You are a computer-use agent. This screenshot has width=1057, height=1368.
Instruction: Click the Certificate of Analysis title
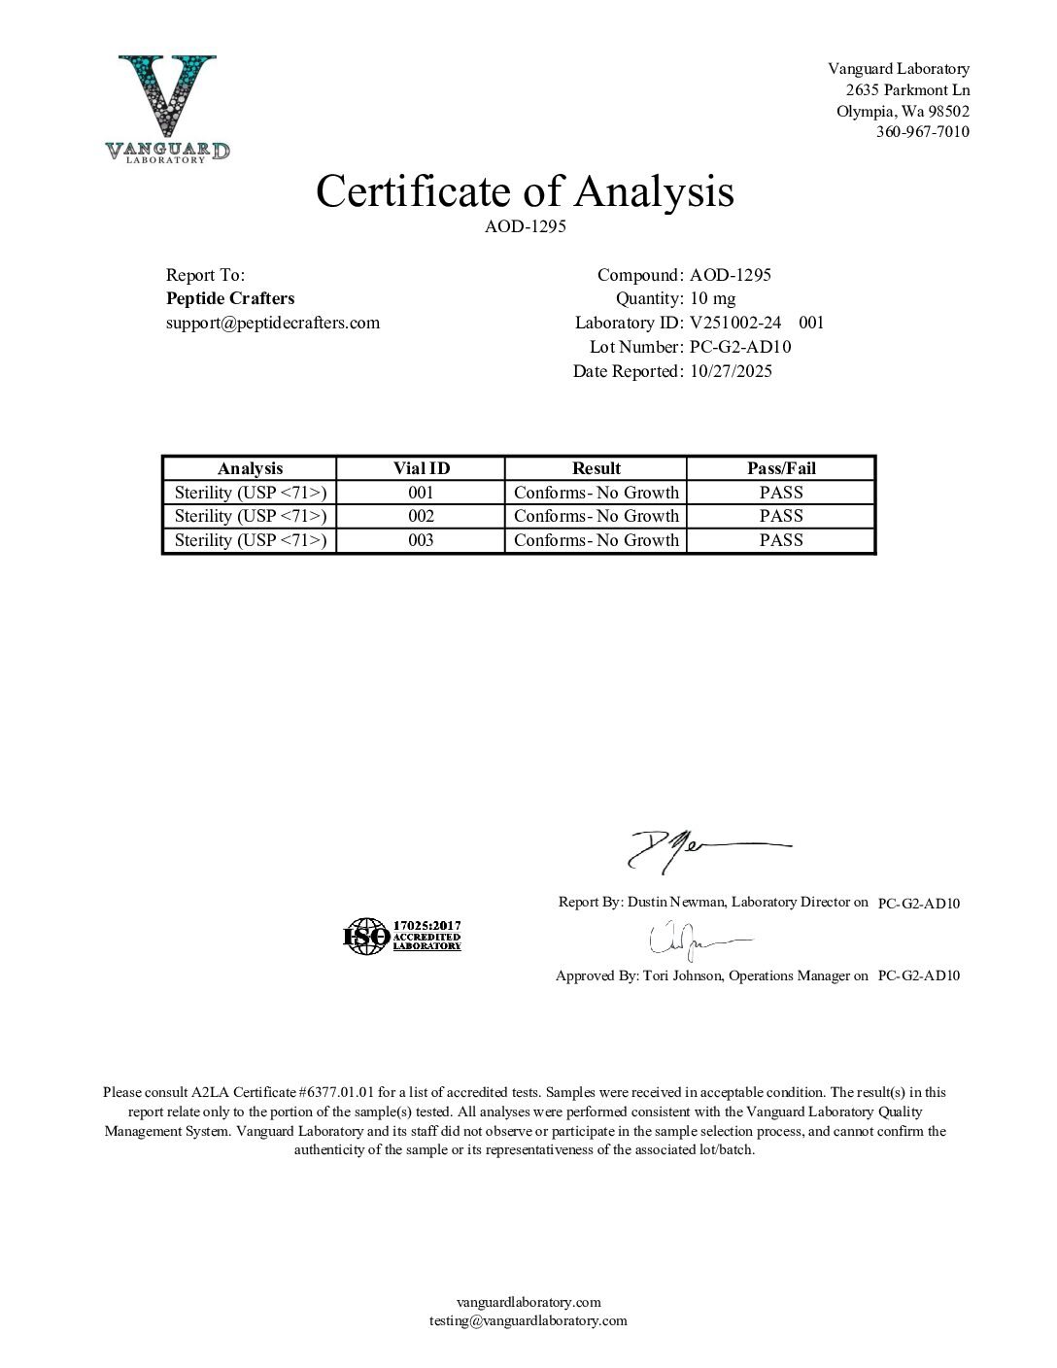(x=525, y=190)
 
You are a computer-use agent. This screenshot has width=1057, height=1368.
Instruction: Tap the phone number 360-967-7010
(x=922, y=132)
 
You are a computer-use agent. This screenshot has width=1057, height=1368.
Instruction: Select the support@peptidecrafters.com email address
(x=273, y=323)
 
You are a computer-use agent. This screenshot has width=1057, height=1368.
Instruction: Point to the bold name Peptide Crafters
(x=230, y=298)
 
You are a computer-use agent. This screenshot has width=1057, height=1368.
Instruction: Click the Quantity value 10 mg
(x=712, y=298)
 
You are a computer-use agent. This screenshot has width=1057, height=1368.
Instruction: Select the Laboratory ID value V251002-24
(x=735, y=323)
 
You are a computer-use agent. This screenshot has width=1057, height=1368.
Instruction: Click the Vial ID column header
(x=421, y=468)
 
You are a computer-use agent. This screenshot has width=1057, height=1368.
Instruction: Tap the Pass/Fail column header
(x=781, y=468)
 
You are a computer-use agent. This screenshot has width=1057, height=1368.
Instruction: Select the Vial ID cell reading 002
(x=421, y=516)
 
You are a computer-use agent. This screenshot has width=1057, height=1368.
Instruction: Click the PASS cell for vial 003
(x=781, y=540)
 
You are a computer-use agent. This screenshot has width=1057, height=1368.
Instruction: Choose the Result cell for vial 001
(x=596, y=493)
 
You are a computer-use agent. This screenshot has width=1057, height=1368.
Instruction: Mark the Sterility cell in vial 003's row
(x=250, y=540)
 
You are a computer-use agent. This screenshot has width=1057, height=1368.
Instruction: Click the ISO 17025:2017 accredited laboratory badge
(x=402, y=936)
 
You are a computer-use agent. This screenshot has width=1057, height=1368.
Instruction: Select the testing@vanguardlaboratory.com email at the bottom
(x=528, y=1320)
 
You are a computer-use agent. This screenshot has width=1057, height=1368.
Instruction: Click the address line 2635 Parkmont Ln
(x=907, y=89)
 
